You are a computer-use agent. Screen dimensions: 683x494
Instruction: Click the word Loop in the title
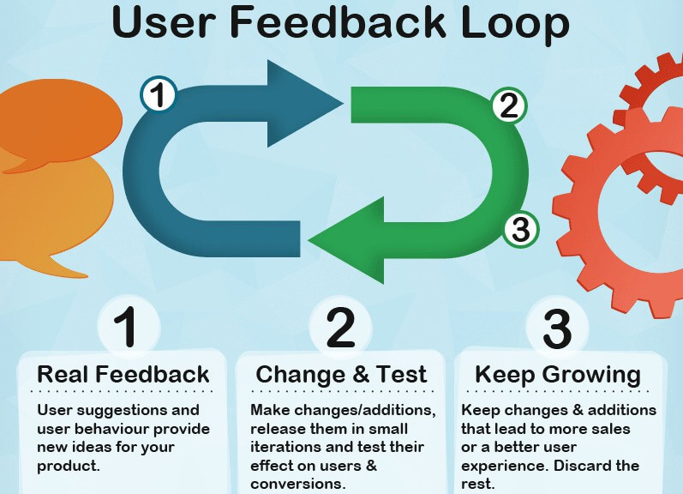(x=514, y=22)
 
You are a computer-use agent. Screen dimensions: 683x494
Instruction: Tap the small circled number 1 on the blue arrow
(x=159, y=94)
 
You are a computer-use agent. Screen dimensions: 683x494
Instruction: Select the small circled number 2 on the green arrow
(x=509, y=106)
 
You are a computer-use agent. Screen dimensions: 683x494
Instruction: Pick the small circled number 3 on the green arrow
(x=521, y=229)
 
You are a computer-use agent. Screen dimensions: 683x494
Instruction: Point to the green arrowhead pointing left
(x=346, y=240)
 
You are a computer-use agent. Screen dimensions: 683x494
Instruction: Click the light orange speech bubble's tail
(x=65, y=267)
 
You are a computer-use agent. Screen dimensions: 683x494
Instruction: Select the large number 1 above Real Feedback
(x=125, y=327)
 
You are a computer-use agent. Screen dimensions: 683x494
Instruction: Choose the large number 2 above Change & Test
(x=340, y=327)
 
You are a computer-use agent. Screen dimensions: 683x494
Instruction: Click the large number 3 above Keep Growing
(x=557, y=328)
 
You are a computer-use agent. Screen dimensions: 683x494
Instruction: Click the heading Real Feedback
(x=123, y=375)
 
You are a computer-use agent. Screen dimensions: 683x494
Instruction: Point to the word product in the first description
(x=69, y=466)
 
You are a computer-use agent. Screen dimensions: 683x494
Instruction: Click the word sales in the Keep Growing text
(x=610, y=429)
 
